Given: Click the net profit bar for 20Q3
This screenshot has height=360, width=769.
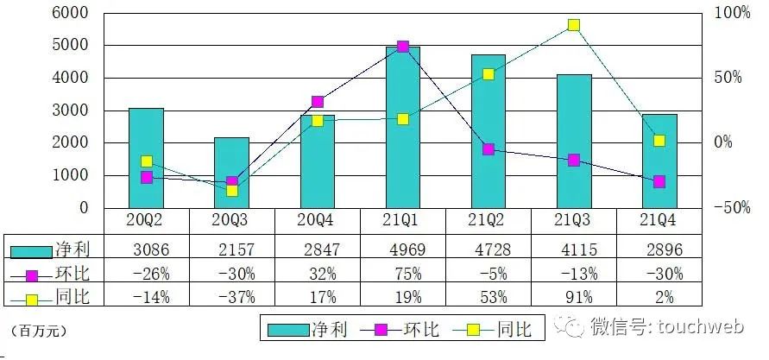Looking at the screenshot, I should point(231,173).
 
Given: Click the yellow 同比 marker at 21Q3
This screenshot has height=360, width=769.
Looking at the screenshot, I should point(573,26).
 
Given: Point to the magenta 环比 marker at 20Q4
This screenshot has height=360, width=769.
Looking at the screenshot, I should point(317,102).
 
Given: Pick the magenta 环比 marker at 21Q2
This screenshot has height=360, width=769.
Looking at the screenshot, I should point(489,149).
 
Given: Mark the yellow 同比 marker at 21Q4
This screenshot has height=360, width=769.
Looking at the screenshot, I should point(659,141).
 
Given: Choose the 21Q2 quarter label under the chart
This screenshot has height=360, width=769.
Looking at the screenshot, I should point(488,222).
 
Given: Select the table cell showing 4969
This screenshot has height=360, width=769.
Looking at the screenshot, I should point(403,249).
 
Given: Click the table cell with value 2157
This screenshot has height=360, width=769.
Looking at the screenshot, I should point(231,249).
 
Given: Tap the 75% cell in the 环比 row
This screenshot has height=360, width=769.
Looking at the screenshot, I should point(403,274).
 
